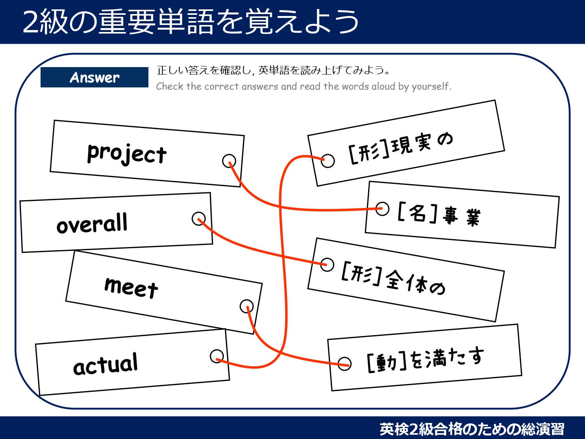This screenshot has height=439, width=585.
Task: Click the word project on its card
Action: tap(127, 153)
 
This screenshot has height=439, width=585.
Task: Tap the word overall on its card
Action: tap(92, 224)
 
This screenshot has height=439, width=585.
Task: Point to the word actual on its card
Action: tap(106, 364)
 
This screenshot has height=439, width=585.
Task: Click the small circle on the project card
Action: tap(229, 160)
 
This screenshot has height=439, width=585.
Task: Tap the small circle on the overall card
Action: tap(199, 219)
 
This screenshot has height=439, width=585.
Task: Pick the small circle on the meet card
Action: tap(246, 306)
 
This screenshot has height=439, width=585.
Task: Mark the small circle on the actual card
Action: tap(216, 356)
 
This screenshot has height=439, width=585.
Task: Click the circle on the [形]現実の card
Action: tap(328, 160)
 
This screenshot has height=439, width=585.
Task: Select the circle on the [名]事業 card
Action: tap(382, 208)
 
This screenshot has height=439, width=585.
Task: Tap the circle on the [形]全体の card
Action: tap(327, 264)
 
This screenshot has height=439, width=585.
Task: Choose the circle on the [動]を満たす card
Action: tap(344, 364)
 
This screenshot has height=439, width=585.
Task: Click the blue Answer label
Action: tap(94, 77)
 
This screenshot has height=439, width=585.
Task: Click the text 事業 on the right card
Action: tap(462, 216)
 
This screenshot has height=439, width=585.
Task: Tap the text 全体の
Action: tap(416, 282)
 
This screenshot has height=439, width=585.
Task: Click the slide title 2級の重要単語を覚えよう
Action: tap(191, 22)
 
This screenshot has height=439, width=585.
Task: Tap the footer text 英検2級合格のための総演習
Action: tap(472, 429)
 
